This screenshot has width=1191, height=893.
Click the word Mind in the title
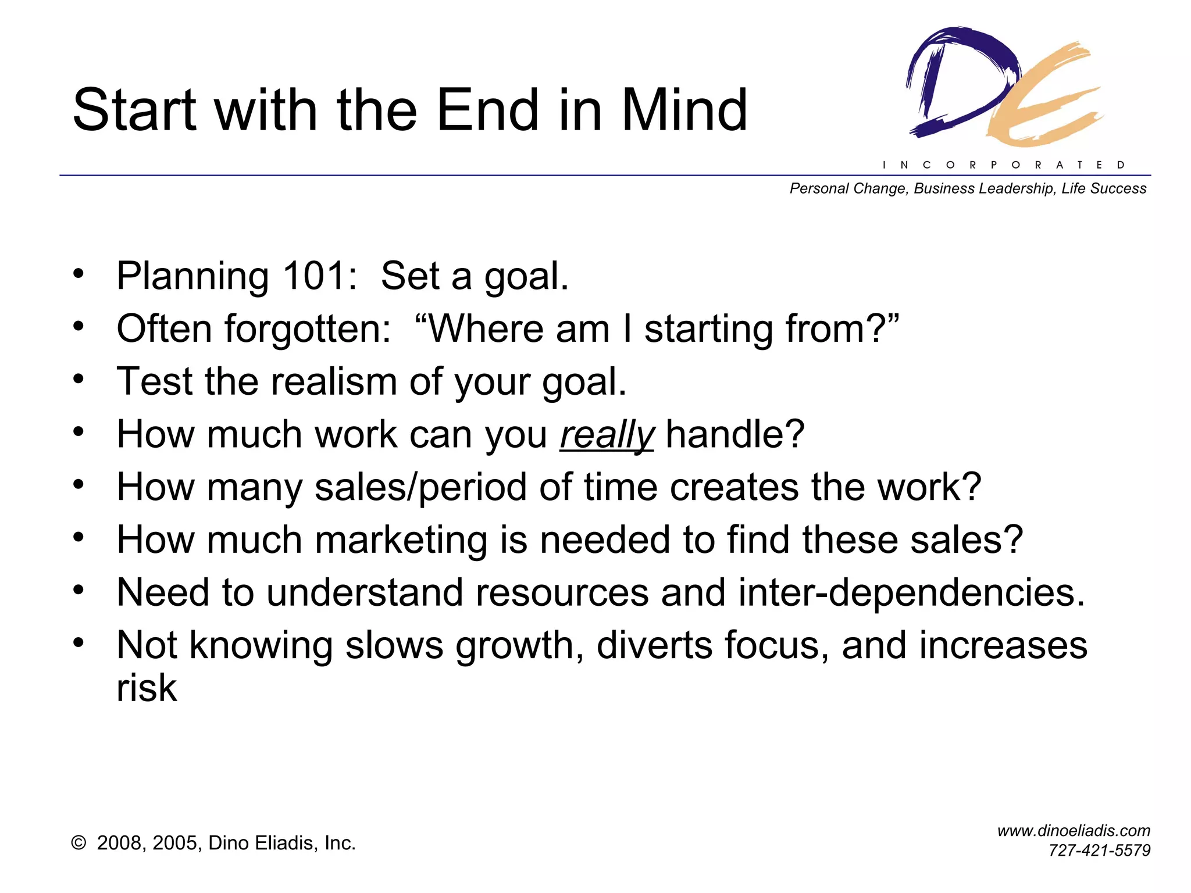pyautogui.click(x=684, y=110)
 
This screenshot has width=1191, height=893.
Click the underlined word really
pyautogui.click(x=607, y=435)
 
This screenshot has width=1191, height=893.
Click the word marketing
pyautogui.click(x=401, y=540)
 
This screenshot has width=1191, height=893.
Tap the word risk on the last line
pyautogui.click(x=147, y=688)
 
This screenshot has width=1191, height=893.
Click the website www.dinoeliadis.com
pyautogui.click(x=1074, y=831)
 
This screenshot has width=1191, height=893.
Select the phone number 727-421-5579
pyautogui.click(x=1099, y=851)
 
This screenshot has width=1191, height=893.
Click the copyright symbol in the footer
pyautogui.click(x=79, y=843)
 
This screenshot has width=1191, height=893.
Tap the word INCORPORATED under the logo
pyautogui.click(x=1004, y=165)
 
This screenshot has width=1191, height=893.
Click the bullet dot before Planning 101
pyautogui.click(x=79, y=273)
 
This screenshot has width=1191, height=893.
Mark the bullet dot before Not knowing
pyautogui.click(x=79, y=642)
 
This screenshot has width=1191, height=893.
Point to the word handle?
pyautogui.click(x=735, y=434)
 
